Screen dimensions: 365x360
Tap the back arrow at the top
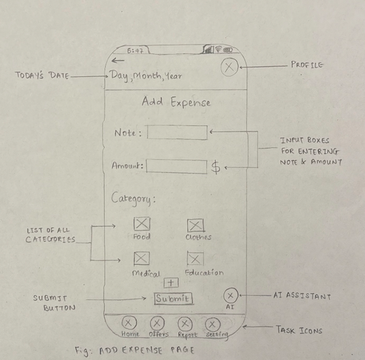pyautogui.click(x=118, y=61)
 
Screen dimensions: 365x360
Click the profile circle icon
pyautogui.click(x=229, y=67)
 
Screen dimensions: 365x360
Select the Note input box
pyautogui.click(x=177, y=132)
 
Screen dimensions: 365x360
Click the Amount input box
pyautogui.click(x=176, y=166)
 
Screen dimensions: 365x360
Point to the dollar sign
pyautogui.click(x=216, y=167)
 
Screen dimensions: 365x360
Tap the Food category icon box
pyautogui.click(x=142, y=224)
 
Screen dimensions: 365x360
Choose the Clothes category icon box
pyautogui.click(x=195, y=225)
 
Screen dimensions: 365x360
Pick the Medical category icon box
pyautogui.click(x=141, y=258)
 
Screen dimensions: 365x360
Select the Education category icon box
pyautogui.click(x=195, y=258)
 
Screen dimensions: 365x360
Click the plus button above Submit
pyautogui.click(x=171, y=283)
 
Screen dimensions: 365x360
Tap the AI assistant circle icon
pyautogui.click(x=230, y=295)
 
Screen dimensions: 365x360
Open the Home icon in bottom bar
pyautogui.click(x=129, y=322)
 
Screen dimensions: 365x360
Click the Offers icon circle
pyautogui.click(x=157, y=323)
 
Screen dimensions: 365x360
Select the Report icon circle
pyautogui.click(x=185, y=324)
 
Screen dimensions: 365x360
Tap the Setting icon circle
pyautogui.click(x=212, y=325)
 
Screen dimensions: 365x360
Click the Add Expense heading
pyautogui.click(x=176, y=102)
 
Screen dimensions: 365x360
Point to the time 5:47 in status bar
pyautogui.click(x=135, y=50)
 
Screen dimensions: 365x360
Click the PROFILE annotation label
pyautogui.click(x=307, y=65)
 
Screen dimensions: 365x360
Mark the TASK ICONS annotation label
pyautogui.click(x=300, y=330)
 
